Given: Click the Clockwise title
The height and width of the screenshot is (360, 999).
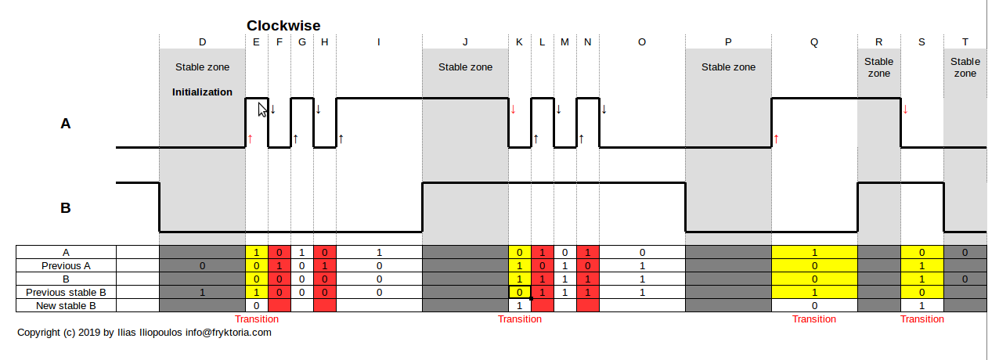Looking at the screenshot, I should coord(283,26).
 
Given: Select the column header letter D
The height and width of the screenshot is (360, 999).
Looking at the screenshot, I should coord(203,42).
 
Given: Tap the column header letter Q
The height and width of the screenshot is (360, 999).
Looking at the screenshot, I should coord(814,42).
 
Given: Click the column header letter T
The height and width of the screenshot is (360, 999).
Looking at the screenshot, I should coord(965,42).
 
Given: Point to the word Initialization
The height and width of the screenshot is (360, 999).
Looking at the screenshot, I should coord(202,92).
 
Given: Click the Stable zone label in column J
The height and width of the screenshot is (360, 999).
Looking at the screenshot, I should coord(465,67).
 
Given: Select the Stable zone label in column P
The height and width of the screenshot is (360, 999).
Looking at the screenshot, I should coord(728,67).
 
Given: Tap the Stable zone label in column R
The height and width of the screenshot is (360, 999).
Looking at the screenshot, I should coord(878,67).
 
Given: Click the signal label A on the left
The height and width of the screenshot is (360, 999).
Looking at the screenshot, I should coord(66,123).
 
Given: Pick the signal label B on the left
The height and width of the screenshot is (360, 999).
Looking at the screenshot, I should coord(66,208).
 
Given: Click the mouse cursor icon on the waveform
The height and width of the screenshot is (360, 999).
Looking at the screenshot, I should coord(263,110).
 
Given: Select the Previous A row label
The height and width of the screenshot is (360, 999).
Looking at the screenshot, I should coord(67,266).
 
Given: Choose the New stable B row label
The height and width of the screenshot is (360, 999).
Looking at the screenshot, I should coord(67,305).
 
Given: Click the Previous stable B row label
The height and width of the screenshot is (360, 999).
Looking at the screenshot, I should coord(67,292).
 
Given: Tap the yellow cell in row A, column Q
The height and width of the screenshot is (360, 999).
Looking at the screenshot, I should coord(814,253).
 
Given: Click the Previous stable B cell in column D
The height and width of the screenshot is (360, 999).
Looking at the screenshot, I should coord(203,292).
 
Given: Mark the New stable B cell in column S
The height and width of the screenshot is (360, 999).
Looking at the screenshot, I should coord(921,305).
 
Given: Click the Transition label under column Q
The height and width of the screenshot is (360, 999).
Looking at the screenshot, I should coord(814,319).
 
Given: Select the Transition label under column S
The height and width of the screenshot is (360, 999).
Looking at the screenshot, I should coord(921,319).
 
